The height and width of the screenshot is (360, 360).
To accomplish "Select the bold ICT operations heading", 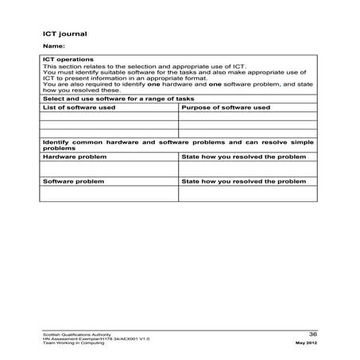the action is [x=68, y=60].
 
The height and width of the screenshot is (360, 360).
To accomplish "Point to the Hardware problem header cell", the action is [x=72, y=157].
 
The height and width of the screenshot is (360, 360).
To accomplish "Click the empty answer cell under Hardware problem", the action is [x=109, y=168].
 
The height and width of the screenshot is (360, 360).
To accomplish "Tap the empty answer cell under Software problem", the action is [x=109, y=192].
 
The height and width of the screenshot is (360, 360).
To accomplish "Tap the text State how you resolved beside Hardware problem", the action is [x=243, y=157].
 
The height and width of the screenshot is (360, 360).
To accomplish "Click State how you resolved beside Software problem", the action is [x=243, y=181].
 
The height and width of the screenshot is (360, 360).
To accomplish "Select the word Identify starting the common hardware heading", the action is [x=56, y=141].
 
